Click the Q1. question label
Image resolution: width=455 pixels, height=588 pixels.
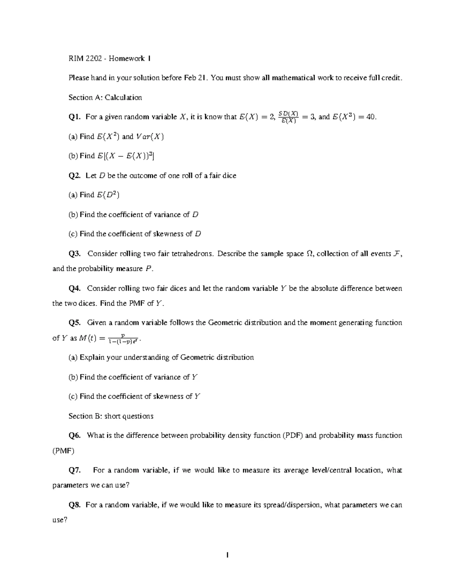pos(74,117)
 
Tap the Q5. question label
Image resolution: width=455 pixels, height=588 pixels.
pos(74,323)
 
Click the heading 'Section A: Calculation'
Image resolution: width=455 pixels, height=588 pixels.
pos(105,97)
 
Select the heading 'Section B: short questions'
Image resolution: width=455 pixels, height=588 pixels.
pos(111,416)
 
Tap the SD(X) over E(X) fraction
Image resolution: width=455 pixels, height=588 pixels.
pos(289,117)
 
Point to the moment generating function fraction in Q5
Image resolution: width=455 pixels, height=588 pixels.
pos(122,338)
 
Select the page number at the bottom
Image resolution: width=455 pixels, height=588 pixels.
pos(227,555)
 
